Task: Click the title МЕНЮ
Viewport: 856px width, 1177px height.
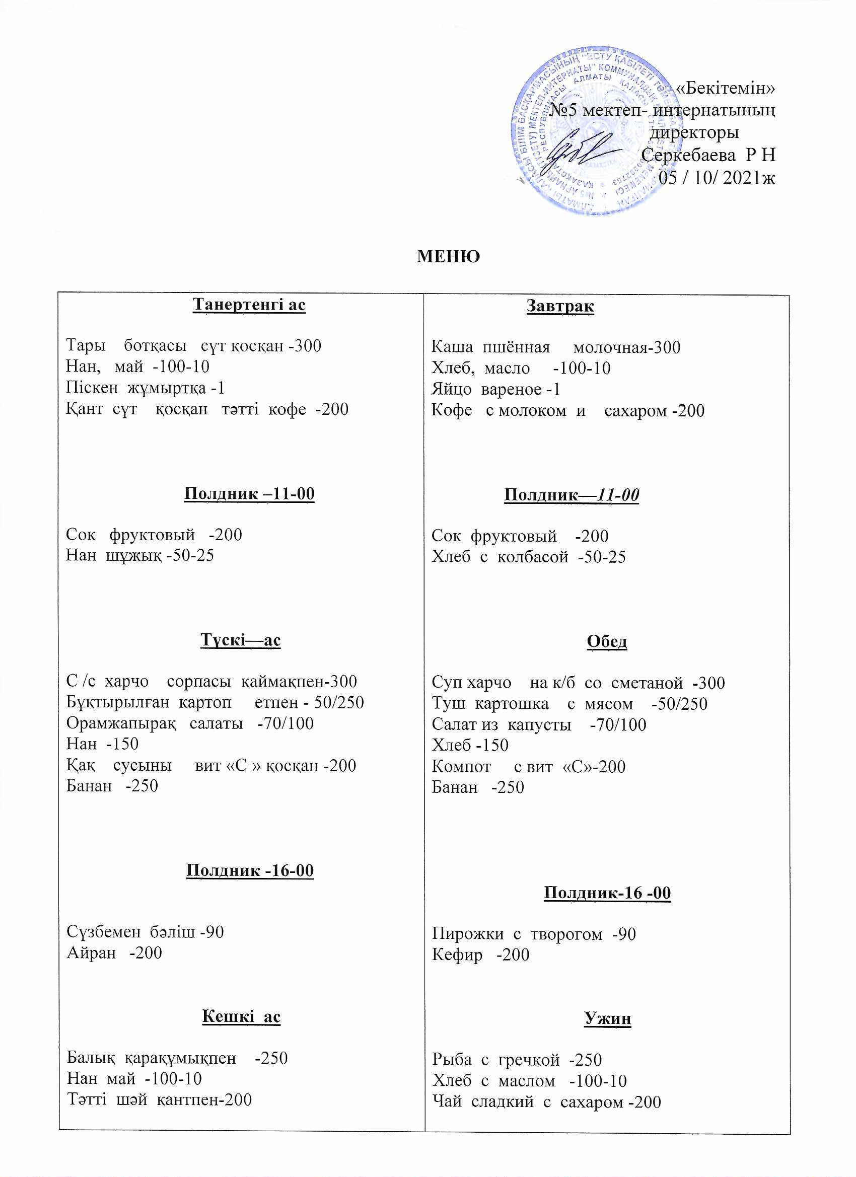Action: click(x=448, y=256)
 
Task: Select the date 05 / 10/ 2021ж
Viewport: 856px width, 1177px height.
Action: click(x=717, y=178)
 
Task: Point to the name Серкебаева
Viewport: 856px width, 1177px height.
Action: click(x=688, y=155)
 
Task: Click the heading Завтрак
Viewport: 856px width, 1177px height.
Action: click(x=560, y=306)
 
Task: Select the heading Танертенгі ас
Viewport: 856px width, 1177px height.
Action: click(x=249, y=304)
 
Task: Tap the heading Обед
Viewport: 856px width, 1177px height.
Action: click(x=607, y=642)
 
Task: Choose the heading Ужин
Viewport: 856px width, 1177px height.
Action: click(x=607, y=1019)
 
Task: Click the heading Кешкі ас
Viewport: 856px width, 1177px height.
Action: click(x=241, y=1016)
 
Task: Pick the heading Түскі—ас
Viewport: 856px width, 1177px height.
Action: click(x=240, y=640)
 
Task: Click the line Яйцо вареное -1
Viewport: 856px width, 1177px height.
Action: click(x=496, y=390)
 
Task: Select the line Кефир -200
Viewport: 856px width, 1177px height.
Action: click(x=481, y=955)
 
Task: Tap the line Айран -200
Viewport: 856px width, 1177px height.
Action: click(x=114, y=953)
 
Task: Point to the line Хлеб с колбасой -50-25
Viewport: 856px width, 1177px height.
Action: click(x=528, y=557)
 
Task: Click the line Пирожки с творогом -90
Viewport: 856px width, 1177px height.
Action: click(x=534, y=934)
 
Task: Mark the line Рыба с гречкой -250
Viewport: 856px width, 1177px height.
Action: click(x=517, y=1060)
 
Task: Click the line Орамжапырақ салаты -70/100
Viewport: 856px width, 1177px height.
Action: click(x=190, y=723)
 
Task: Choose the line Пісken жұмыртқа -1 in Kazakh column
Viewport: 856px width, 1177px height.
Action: click(x=146, y=388)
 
